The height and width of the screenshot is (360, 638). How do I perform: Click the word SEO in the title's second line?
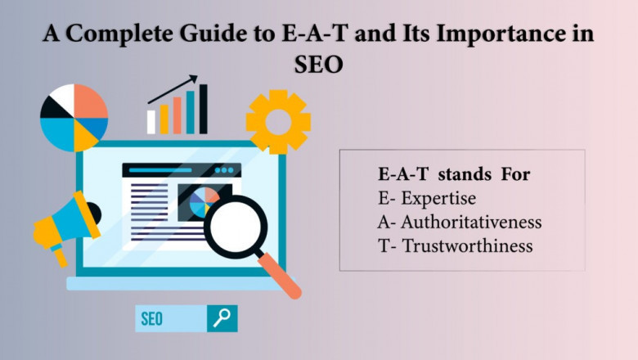click(318, 64)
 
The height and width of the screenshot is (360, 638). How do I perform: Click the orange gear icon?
click(278, 122)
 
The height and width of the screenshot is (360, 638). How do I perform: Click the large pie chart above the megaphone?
click(74, 118)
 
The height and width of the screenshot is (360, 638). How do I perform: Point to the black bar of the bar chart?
click(204, 110)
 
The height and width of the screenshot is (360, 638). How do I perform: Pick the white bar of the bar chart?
click(151, 122)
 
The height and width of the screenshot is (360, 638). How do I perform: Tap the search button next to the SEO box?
click(222, 318)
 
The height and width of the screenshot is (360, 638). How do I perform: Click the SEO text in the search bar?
click(152, 319)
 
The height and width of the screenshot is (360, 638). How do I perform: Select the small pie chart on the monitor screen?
click(204, 202)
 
